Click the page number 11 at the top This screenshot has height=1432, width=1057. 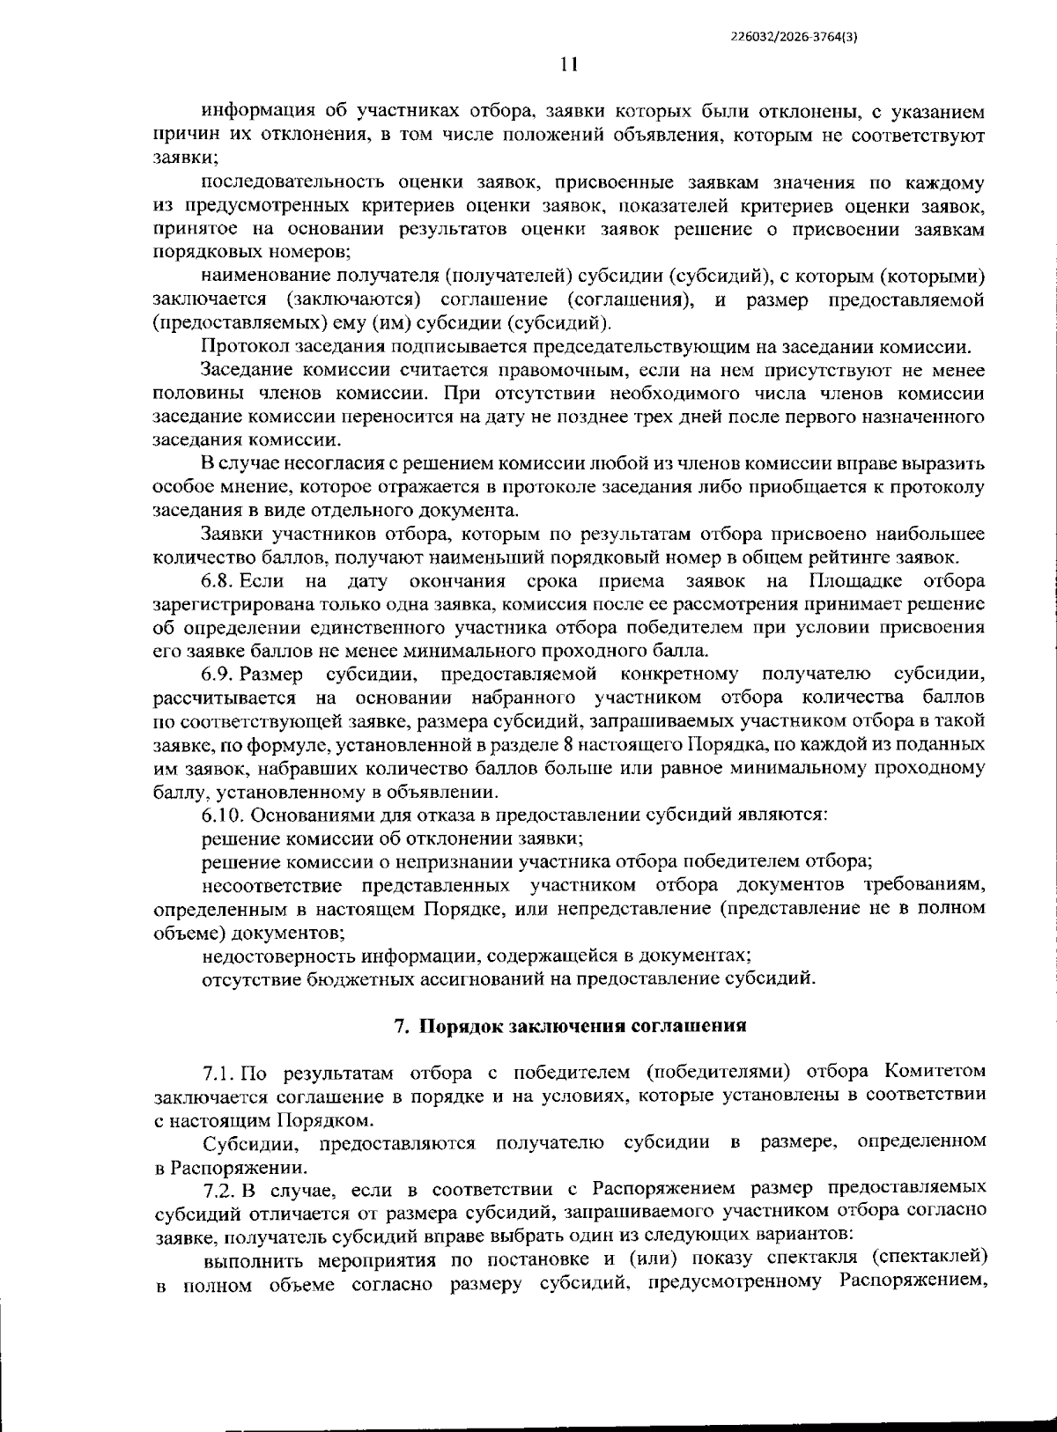coord(568,63)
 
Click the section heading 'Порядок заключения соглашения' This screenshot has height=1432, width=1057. coord(582,1025)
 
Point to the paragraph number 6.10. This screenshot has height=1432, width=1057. coord(222,814)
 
